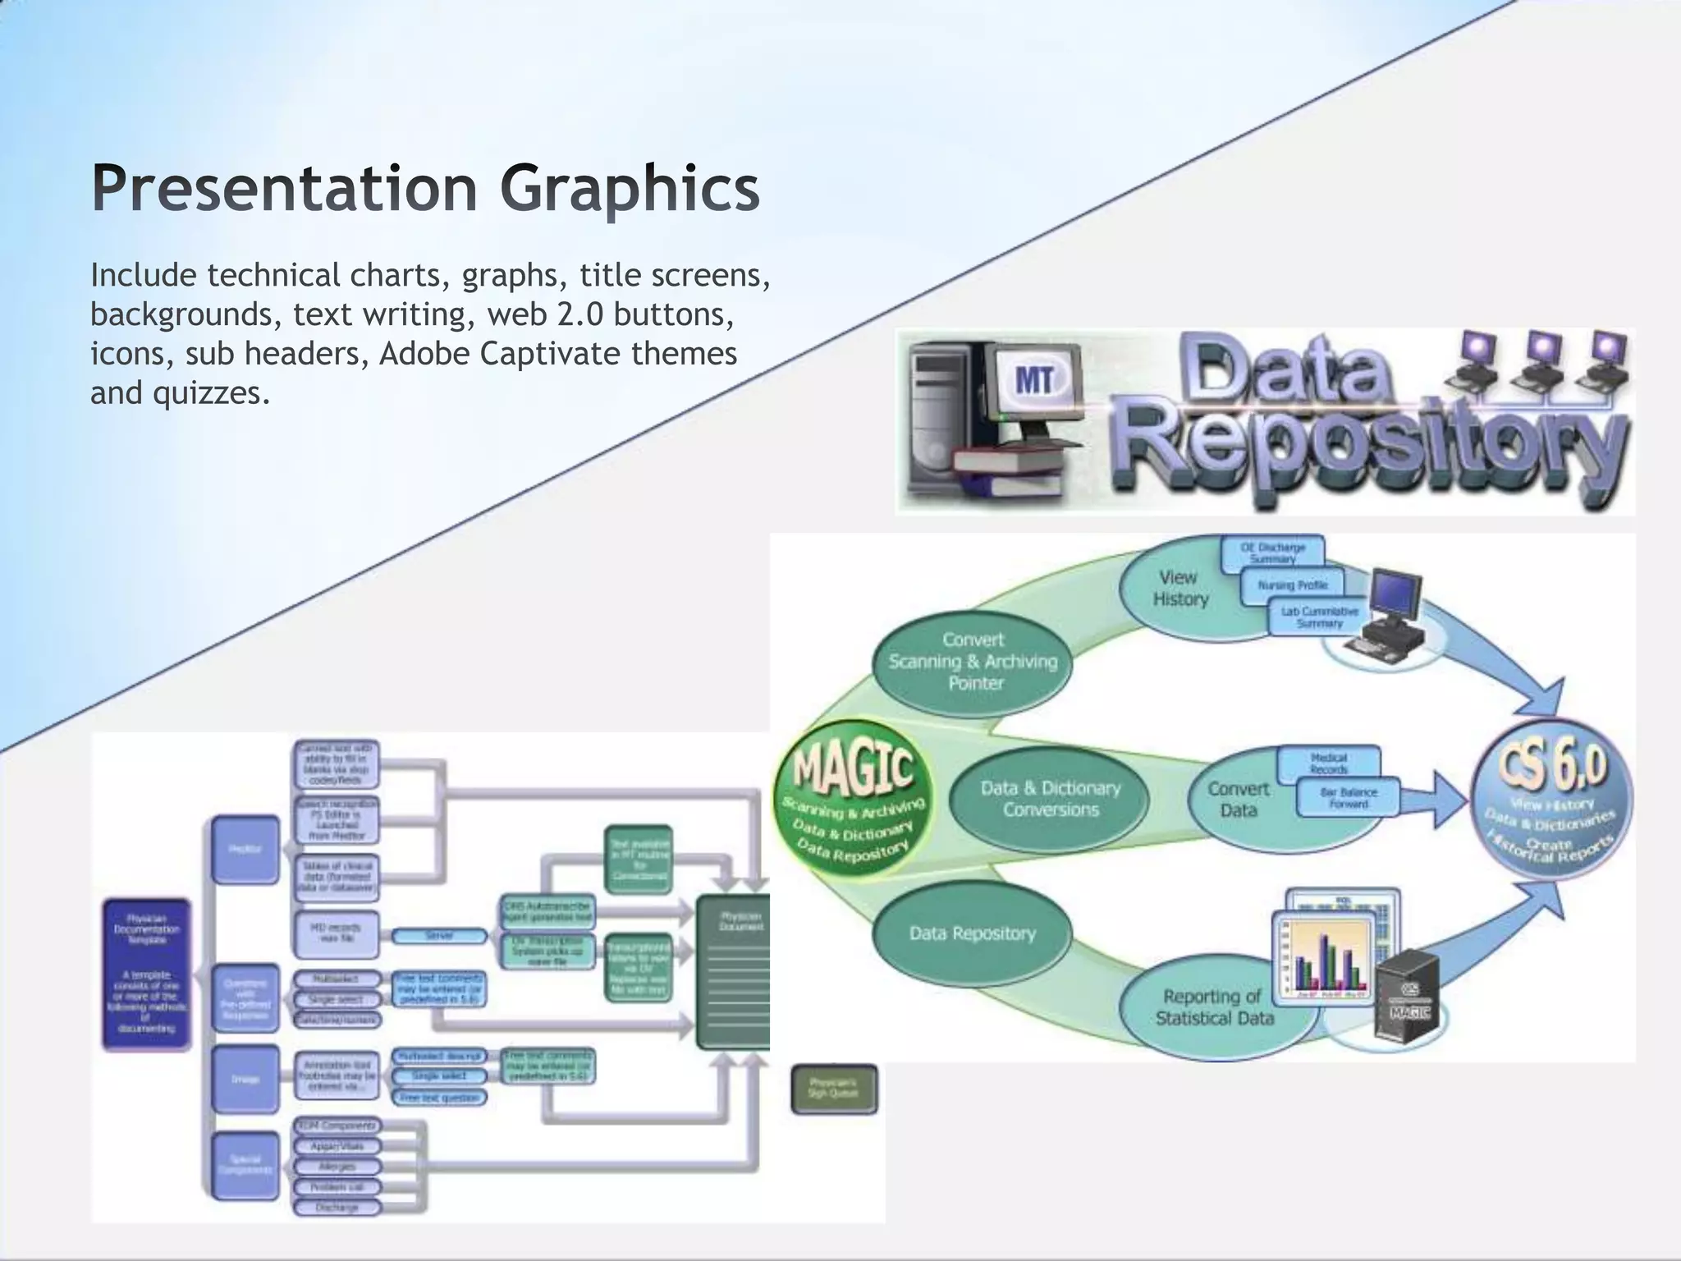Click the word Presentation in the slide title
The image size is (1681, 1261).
[284, 189]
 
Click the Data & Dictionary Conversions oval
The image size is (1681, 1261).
[1050, 799]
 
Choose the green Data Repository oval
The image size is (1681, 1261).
[972, 933]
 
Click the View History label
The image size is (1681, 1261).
[1179, 588]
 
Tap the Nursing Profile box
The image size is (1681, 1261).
[1292, 585]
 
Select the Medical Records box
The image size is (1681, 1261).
[1329, 763]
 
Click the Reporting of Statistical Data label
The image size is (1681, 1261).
[1214, 1007]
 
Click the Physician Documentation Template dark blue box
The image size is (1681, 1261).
[146, 974]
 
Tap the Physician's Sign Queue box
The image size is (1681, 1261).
[834, 1089]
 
